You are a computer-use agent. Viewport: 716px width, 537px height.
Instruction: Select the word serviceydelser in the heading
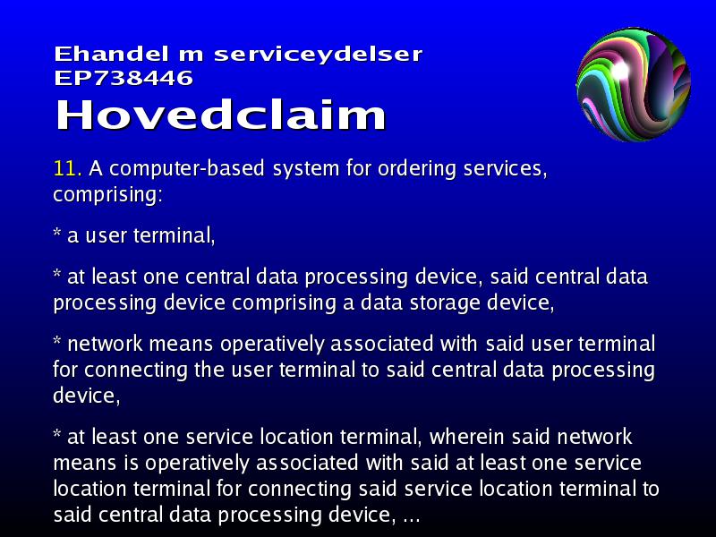pos(318,55)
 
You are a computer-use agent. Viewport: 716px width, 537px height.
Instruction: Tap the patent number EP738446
pos(124,78)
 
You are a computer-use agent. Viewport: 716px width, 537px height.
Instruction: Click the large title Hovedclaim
pos(221,115)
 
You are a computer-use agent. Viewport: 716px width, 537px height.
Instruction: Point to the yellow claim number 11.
pos(68,168)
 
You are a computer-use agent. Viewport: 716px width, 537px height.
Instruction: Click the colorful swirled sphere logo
pos(634,84)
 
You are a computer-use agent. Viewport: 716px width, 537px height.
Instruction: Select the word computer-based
pos(187,169)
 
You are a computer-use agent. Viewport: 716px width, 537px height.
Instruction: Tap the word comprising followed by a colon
pos(107,195)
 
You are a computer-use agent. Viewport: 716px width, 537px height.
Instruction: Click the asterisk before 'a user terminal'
pos(57,233)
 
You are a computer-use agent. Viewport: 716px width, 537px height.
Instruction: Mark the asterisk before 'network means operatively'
pos(57,341)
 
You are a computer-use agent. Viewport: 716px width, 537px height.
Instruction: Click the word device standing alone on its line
pos(86,396)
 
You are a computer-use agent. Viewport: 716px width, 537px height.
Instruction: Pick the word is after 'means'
pos(131,463)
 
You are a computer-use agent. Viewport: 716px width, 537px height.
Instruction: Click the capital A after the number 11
pos(96,168)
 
